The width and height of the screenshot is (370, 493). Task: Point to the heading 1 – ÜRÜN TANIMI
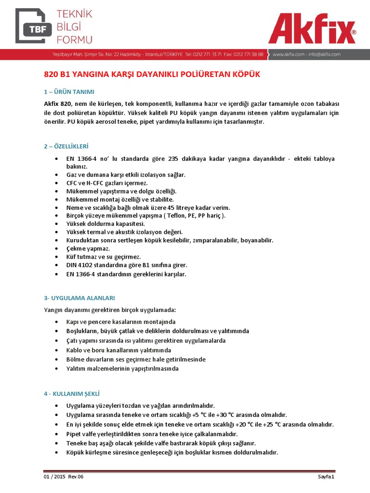(x=69, y=91)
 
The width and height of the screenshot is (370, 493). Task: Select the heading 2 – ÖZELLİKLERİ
(x=66, y=146)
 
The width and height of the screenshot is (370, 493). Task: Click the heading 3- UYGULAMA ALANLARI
(x=79, y=298)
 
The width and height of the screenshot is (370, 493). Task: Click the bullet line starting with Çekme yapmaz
(x=88, y=248)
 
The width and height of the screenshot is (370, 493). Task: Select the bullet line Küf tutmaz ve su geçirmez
(x=104, y=257)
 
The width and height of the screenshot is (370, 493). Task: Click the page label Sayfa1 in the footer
(x=325, y=477)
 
